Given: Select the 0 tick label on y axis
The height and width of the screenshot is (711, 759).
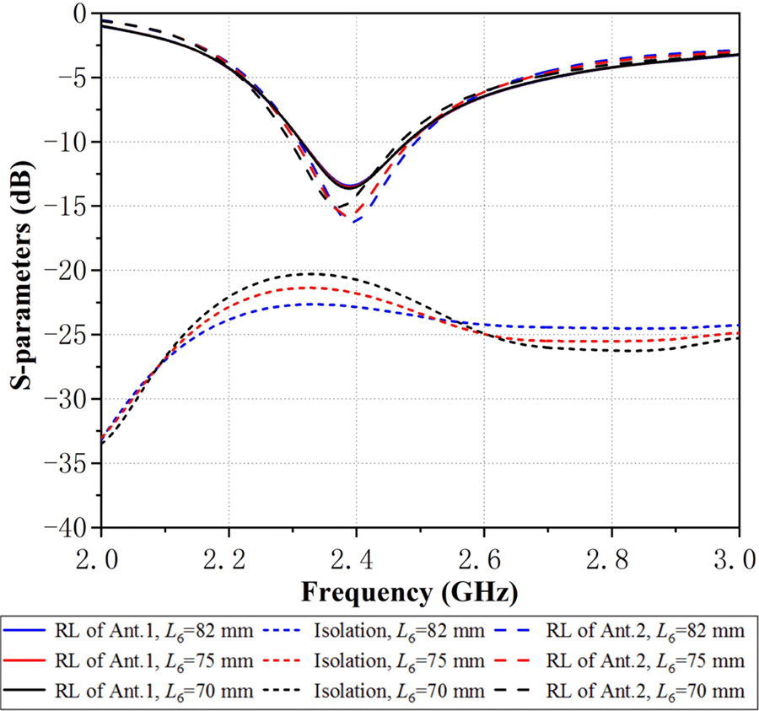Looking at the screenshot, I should click(83, 13).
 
